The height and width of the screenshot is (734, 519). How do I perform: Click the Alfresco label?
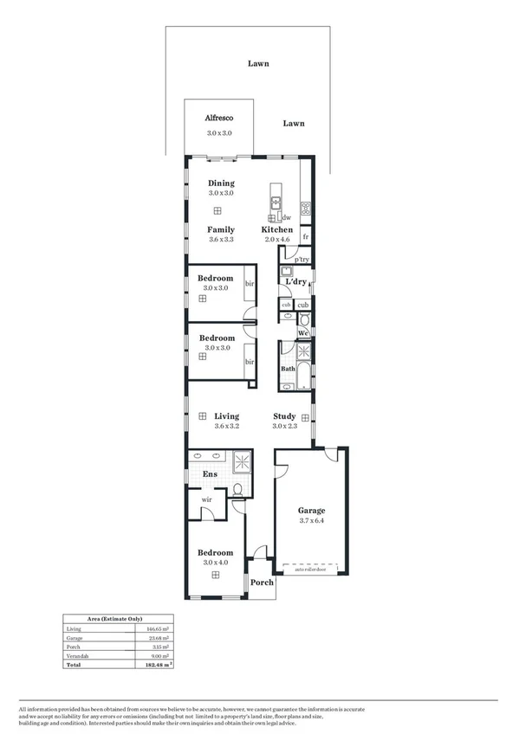click(218, 117)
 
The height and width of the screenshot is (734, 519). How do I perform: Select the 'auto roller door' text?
click(310, 570)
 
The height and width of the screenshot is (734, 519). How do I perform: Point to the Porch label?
click(262, 583)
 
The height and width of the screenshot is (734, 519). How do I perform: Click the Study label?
click(284, 415)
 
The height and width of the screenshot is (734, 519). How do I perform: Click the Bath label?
click(287, 369)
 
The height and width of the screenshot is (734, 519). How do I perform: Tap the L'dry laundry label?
click(295, 282)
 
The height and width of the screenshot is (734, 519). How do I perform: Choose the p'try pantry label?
click(302, 260)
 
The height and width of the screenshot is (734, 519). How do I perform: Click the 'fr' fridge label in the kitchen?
click(306, 236)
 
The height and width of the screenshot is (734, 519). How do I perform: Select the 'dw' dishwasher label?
click(286, 218)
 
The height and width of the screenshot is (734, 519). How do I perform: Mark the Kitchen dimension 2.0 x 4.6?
click(277, 240)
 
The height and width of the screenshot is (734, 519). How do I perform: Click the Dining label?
click(221, 183)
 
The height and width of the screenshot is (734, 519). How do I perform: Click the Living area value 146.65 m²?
click(157, 628)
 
